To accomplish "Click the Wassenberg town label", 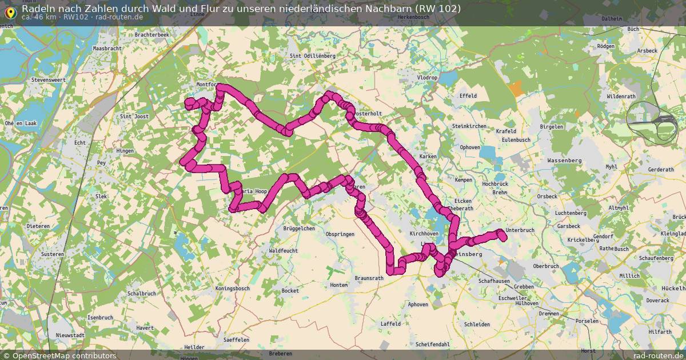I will [564, 161].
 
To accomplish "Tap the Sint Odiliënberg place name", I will [313, 56].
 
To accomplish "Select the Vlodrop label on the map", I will [426, 77].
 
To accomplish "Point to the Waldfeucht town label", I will [284, 250].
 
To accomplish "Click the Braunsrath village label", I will [369, 278].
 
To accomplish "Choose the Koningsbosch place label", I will [233, 289].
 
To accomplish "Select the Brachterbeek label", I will [152, 35].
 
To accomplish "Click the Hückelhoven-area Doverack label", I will [657, 300].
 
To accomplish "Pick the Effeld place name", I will [468, 95].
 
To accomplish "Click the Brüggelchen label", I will [299, 228].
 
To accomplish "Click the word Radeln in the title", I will [38, 9].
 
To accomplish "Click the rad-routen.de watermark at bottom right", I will [659, 355].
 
